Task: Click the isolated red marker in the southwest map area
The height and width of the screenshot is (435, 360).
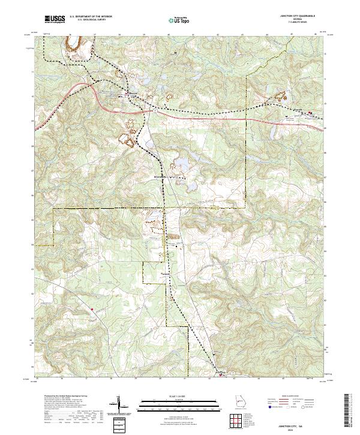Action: click(92, 309)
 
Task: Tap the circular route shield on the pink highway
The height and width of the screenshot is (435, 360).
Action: click(154, 110)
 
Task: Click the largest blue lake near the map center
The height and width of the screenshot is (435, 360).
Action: click(179, 163)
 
